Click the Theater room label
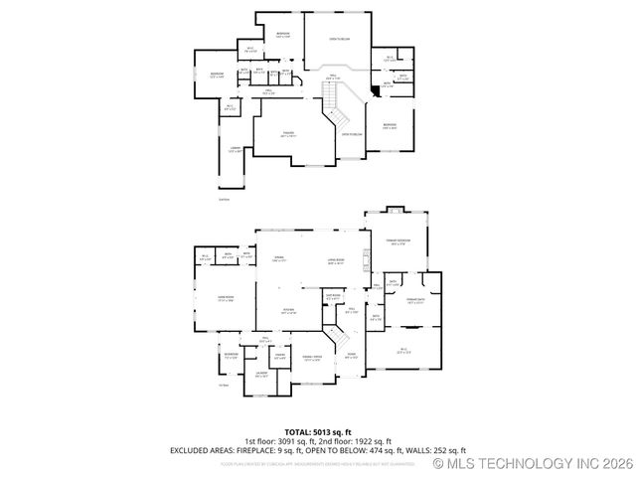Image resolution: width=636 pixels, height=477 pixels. point(289,136)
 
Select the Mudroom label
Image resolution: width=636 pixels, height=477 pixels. point(231,354)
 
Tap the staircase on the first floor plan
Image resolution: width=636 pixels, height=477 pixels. point(339,339)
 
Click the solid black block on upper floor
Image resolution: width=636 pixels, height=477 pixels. point(374,92)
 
